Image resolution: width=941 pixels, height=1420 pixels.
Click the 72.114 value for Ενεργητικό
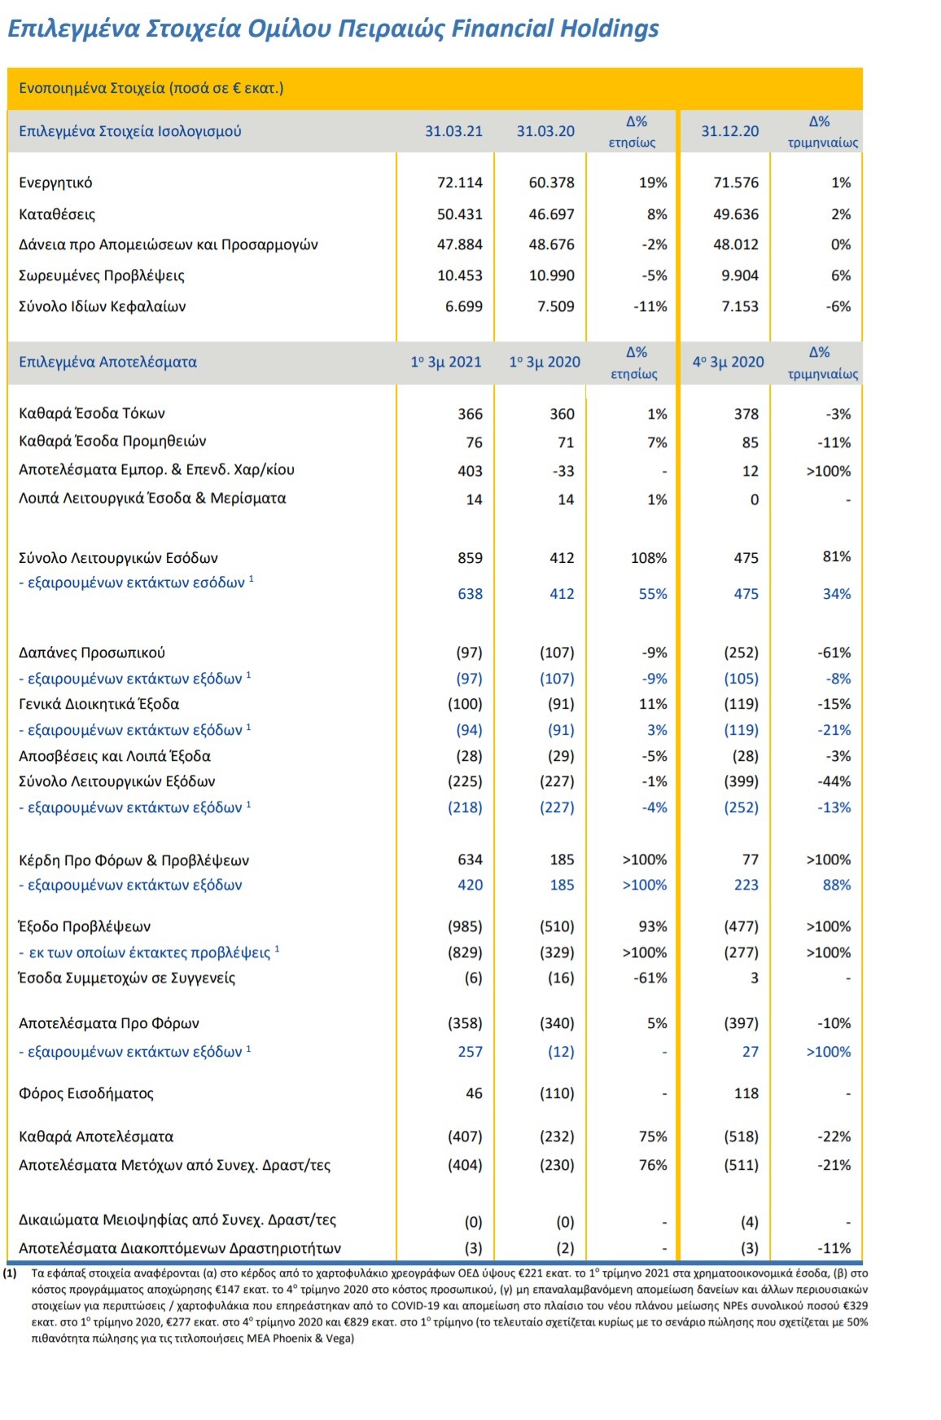tap(460, 182)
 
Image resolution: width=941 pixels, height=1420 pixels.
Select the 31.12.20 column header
tap(730, 131)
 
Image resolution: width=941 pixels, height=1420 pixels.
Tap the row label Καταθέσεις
tap(57, 215)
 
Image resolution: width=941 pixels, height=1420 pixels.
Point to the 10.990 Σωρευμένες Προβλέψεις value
tap(552, 275)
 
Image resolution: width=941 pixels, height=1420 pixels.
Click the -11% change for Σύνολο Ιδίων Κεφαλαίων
tap(650, 306)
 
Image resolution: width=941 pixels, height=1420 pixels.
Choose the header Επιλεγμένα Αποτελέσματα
tap(107, 362)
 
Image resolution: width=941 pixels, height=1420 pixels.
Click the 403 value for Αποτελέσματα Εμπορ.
tap(470, 471)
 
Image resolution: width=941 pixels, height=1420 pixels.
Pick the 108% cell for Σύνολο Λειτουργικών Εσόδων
tap(649, 558)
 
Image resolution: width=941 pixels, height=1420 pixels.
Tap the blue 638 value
tap(470, 594)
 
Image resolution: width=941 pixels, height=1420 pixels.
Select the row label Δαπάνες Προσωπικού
tap(92, 653)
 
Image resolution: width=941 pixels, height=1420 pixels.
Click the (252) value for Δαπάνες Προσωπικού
tap(742, 653)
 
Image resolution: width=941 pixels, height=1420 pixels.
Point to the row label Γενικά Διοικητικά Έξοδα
tap(99, 704)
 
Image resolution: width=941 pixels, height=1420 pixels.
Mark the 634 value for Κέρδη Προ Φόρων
tap(470, 859)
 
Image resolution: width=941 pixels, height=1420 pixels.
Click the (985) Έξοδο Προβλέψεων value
tap(465, 926)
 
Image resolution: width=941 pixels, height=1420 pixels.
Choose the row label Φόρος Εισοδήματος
tap(86, 1093)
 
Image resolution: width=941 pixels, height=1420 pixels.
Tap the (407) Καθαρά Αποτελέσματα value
tap(465, 1136)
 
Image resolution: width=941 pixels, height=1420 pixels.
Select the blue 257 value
tap(470, 1052)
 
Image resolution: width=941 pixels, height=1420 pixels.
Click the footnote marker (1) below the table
tap(11, 1273)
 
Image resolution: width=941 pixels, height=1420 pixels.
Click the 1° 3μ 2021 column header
tap(446, 362)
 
